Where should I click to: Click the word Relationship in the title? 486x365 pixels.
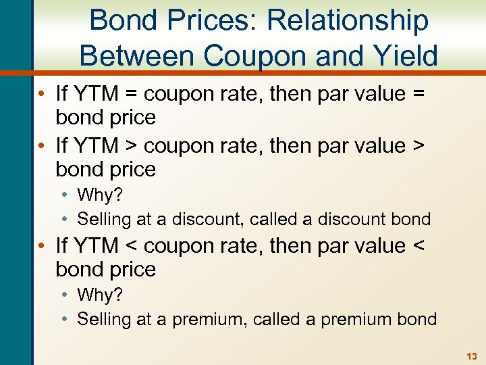[348, 20]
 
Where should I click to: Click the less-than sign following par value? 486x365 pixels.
[418, 244]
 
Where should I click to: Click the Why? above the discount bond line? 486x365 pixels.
[99, 195]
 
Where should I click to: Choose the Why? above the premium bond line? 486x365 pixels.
[99, 295]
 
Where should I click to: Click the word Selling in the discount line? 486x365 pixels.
[102, 220]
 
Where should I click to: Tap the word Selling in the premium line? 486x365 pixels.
[102, 319]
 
